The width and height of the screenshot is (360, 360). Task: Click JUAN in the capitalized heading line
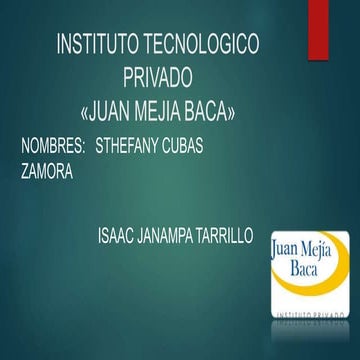click(113, 106)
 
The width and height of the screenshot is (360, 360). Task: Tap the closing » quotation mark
click(236, 107)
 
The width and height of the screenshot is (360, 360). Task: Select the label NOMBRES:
click(55, 146)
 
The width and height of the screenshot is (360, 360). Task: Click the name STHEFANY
click(130, 146)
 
